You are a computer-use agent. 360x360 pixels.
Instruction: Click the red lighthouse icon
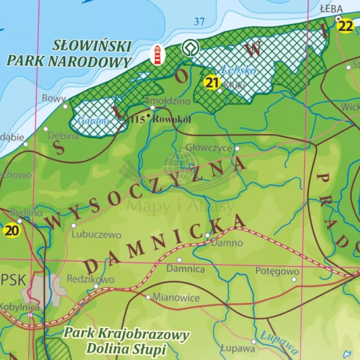click(157, 55)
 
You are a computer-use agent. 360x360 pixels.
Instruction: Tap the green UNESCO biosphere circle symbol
click(189, 48)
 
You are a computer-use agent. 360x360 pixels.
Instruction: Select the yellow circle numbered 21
click(212, 83)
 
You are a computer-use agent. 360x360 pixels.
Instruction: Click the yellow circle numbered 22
click(346, 26)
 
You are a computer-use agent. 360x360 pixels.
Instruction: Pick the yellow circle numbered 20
click(12, 230)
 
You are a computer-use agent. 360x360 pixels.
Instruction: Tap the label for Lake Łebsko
click(239, 70)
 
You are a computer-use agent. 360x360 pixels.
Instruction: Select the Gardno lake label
click(94, 120)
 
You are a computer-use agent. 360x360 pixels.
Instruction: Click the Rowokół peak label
click(171, 119)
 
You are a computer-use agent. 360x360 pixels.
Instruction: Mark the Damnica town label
click(185, 269)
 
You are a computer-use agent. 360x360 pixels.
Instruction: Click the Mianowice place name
click(176, 298)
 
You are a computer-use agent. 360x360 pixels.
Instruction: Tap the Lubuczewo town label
click(96, 235)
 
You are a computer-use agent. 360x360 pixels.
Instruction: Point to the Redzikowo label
click(90, 279)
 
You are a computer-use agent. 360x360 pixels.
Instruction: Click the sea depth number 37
click(200, 21)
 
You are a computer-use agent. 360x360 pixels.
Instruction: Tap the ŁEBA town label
click(331, 9)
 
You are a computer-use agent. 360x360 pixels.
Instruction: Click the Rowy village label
click(54, 98)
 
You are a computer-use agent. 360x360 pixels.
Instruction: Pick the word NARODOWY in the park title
click(98, 62)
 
